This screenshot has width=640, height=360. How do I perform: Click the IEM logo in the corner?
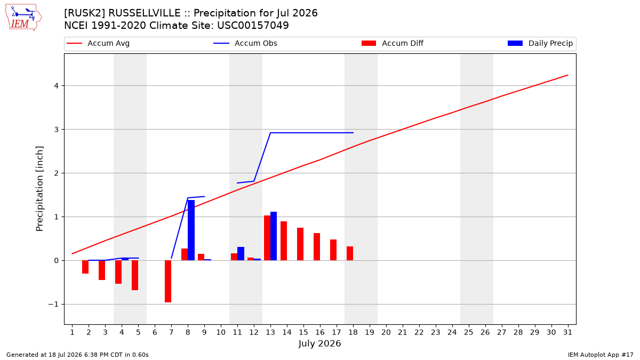pyautogui.click(x=23, y=18)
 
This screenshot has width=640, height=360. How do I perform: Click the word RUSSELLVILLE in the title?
pyautogui.click(x=145, y=13)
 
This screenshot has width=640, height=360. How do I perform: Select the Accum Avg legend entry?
pyautogui.click(x=98, y=43)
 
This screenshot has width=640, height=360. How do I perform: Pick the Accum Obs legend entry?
pyautogui.click(x=245, y=43)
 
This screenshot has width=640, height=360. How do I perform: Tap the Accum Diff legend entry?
pyautogui.click(x=393, y=43)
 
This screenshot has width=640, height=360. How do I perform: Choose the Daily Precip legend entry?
pyautogui.click(x=540, y=43)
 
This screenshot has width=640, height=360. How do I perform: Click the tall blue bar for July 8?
pyautogui.click(x=191, y=230)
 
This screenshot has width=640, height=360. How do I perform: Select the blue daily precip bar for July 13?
pyautogui.click(x=274, y=236)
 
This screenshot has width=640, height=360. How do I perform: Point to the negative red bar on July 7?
pyautogui.click(x=168, y=282)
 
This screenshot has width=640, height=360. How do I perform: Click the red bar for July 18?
pyautogui.click(x=350, y=253)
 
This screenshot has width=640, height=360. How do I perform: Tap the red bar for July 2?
pyautogui.click(x=85, y=267)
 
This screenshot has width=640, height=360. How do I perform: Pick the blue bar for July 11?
pyautogui.click(x=241, y=254)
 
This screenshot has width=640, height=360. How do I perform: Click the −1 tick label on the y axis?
pyautogui.click(x=53, y=305)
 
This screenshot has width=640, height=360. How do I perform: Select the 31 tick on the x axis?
pyautogui.click(x=567, y=332)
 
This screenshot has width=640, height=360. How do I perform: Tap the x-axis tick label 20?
pyautogui.click(x=386, y=332)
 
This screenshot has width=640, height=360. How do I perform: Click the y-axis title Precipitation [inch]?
pyautogui.click(x=39, y=189)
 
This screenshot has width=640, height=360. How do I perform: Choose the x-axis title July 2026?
pyautogui.click(x=319, y=343)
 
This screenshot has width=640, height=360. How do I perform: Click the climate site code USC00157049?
pyautogui.click(x=253, y=26)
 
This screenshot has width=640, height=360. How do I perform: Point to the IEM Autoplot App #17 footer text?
pyautogui.click(x=601, y=355)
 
